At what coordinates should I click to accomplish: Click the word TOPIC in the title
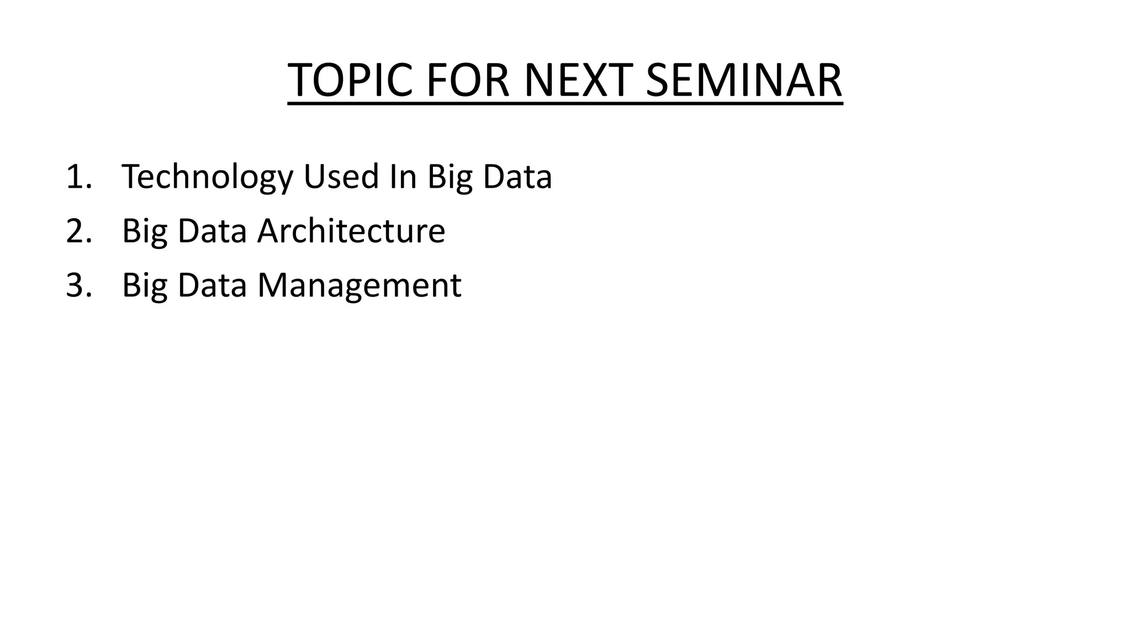[350, 80]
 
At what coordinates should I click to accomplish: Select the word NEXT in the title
[578, 80]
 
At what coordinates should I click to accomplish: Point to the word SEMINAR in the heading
[743, 80]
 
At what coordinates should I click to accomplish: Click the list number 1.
[75, 177]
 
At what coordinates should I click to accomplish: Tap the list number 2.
[76, 231]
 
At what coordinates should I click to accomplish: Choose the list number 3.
[76, 285]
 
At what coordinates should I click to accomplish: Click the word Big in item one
[450, 177]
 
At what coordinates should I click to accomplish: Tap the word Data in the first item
[517, 177]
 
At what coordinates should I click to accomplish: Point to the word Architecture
[351, 231]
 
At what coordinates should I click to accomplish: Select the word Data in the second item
[212, 231]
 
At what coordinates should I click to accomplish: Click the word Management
[359, 285]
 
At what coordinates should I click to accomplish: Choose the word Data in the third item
[212, 285]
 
